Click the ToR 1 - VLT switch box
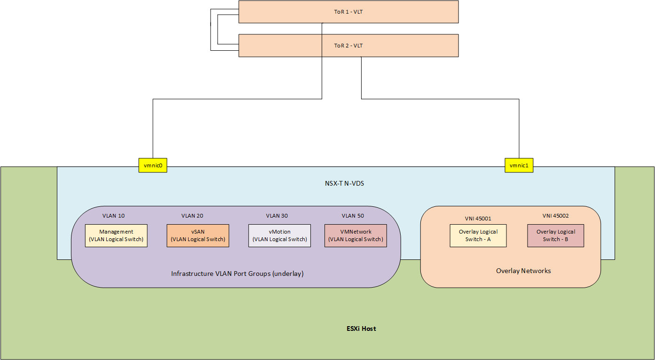click(348, 12)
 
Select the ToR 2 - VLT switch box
click(348, 46)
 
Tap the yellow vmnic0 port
click(153, 165)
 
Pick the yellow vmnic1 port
click(519, 165)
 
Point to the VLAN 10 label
click(114, 216)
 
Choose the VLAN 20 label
click(192, 216)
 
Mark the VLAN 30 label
click(277, 216)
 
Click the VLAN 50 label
click(353, 216)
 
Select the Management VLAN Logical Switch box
click(116, 235)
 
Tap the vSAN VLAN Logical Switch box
click(198, 235)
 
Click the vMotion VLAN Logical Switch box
click(279, 235)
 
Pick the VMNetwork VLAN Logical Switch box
click(355, 235)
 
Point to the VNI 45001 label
click(477, 219)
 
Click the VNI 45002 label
click(555, 216)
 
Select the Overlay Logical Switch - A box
click(478, 235)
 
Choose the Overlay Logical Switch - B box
click(555, 235)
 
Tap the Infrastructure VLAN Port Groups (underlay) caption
click(237, 273)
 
